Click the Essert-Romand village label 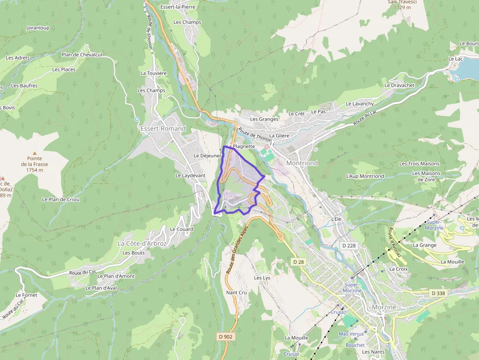[163, 128]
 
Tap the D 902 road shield [225, 337]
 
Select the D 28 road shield [299, 262]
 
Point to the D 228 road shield [348, 246]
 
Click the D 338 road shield [438, 293]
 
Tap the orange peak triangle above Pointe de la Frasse [34, 153]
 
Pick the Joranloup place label [38, 28]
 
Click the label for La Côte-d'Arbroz [142, 243]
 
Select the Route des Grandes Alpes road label [238, 256]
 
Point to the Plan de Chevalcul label [82, 55]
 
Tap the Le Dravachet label [399, 85]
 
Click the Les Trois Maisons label [419, 164]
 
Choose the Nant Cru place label [237, 293]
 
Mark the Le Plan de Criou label [61, 199]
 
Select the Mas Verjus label [350, 334]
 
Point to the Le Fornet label [26, 295]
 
